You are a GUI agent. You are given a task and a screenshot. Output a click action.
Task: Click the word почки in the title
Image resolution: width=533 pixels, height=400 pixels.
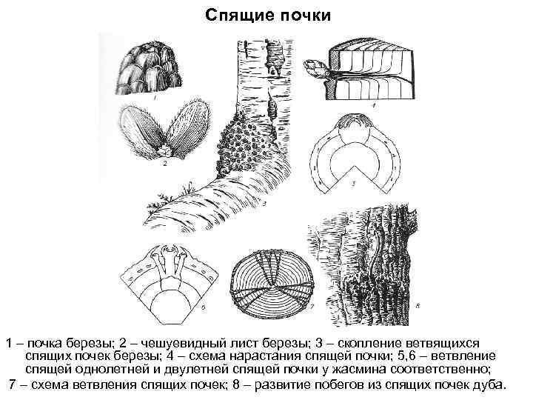(296, 15)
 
